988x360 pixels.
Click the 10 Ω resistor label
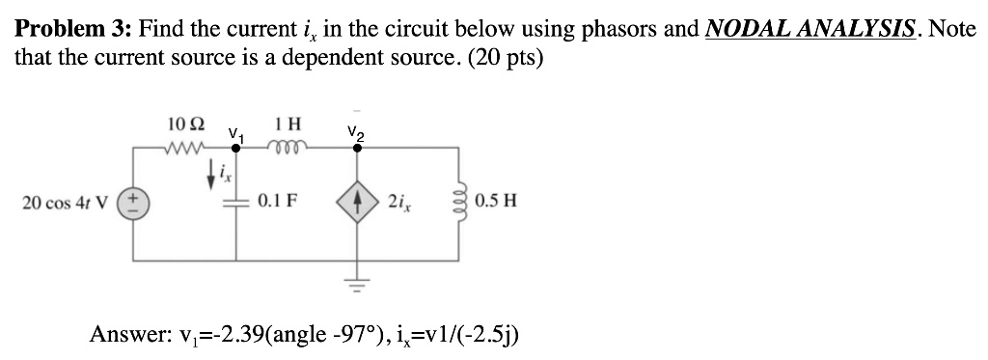point(185,125)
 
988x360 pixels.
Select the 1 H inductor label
point(287,125)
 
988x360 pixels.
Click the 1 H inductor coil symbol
point(288,148)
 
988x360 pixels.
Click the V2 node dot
point(355,149)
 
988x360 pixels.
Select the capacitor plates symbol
point(236,203)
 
